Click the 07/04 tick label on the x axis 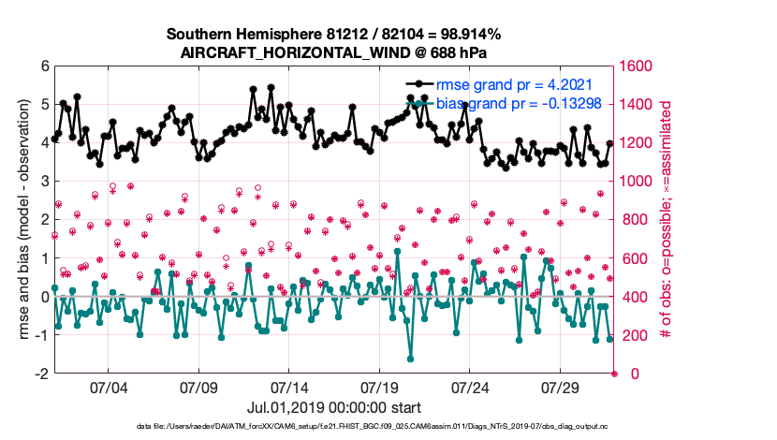click(x=108, y=387)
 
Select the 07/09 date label click(x=198, y=387)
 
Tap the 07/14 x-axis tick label click(x=289, y=387)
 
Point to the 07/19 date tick click(x=380, y=387)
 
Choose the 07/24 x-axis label click(x=471, y=387)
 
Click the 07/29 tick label click(x=562, y=387)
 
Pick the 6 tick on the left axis click(x=43, y=66)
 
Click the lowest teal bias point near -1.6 click(x=411, y=359)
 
